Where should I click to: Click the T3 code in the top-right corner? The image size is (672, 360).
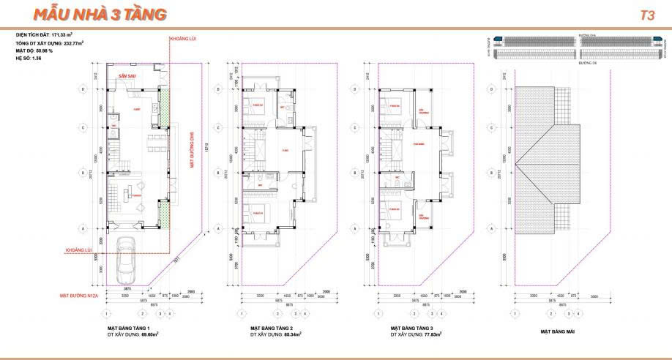646,15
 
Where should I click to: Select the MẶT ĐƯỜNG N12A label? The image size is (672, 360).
80,296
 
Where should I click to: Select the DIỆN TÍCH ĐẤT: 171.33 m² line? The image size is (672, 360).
49,34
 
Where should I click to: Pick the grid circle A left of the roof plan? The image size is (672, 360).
491,229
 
